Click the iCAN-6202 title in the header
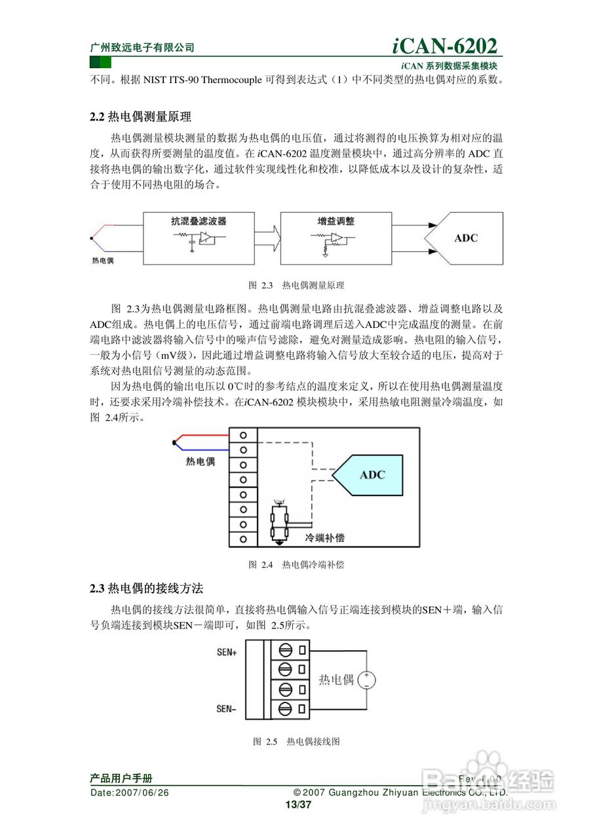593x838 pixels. click(x=445, y=46)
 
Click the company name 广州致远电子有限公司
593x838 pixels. click(x=142, y=48)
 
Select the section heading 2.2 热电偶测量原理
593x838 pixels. click(x=140, y=117)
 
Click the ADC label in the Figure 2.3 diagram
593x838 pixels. click(x=466, y=238)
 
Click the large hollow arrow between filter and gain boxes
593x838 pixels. click(x=267, y=238)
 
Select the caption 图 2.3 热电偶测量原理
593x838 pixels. click(x=296, y=285)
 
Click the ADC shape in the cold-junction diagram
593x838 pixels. click(x=370, y=475)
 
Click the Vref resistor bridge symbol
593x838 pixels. click(x=280, y=521)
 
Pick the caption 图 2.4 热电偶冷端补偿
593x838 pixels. click(x=296, y=564)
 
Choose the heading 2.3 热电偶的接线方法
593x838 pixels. click(x=147, y=589)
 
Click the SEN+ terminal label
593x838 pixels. click(x=227, y=652)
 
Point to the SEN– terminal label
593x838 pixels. click(x=227, y=708)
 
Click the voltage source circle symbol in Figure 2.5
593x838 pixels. click(x=366, y=680)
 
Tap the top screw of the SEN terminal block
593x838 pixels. click(x=285, y=651)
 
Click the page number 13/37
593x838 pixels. click(x=297, y=805)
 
